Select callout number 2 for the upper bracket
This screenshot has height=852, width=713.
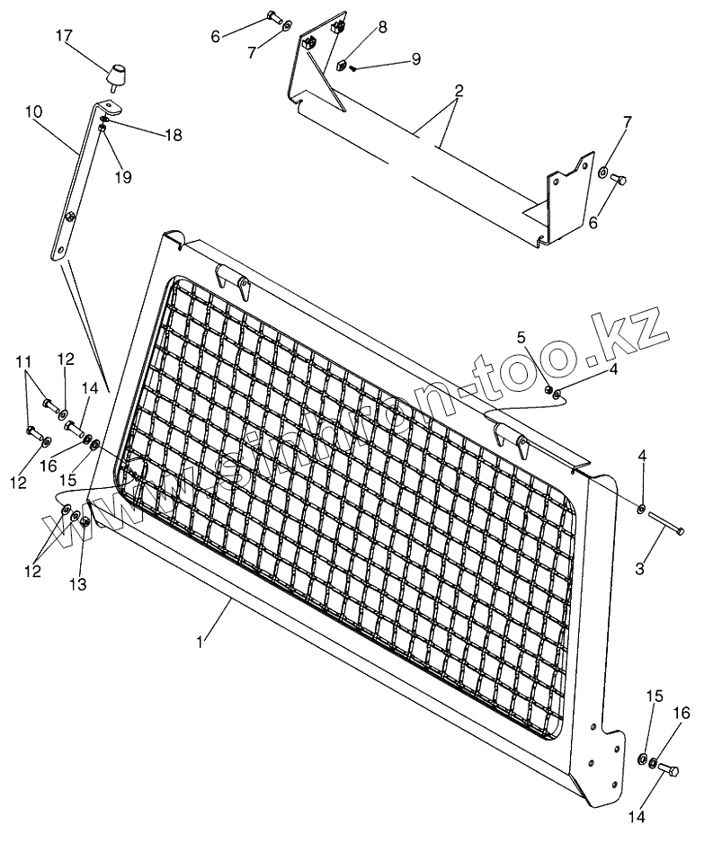(x=459, y=92)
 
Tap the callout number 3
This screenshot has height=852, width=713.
(x=639, y=569)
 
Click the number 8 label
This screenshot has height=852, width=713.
(x=382, y=28)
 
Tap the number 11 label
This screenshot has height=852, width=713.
(x=24, y=363)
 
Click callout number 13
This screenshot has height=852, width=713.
(x=79, y=585)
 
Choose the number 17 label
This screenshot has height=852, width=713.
(x=63, y=36)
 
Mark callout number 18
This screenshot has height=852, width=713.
(x=173, y=136)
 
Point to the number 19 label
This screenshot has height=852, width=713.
(x=122, y=177)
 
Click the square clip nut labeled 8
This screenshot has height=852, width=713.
(x=343, y=65)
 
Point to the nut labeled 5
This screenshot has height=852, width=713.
(x=548, y=390)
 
